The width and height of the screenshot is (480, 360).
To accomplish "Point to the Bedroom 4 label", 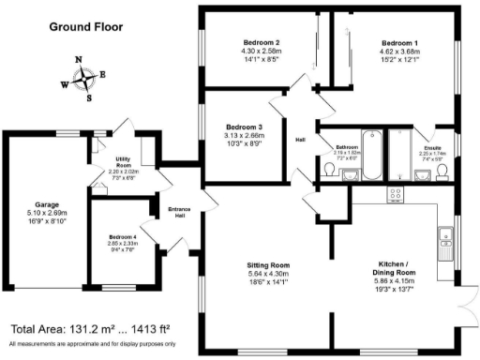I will tap(122, 237).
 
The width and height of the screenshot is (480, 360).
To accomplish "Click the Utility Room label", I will tap(122, 161).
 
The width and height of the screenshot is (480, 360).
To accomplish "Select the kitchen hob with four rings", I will tap(397, 195).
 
